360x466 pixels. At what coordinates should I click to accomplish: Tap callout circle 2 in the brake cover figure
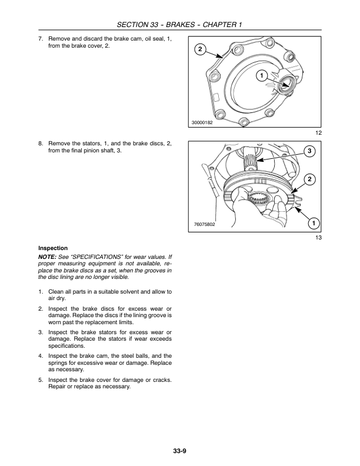(199, 49)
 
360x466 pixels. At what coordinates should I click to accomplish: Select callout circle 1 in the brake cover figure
(260, 75)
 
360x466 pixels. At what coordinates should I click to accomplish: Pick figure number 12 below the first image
(318, 133)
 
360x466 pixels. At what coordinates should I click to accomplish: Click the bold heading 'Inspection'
(53, 248)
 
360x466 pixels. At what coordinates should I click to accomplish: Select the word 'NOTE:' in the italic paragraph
(48, 257)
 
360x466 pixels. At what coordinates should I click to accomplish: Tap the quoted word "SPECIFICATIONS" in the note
(95, 257)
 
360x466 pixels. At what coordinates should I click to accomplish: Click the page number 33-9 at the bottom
(179, 451)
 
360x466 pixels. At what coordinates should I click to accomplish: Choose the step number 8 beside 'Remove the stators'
(40, 144)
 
